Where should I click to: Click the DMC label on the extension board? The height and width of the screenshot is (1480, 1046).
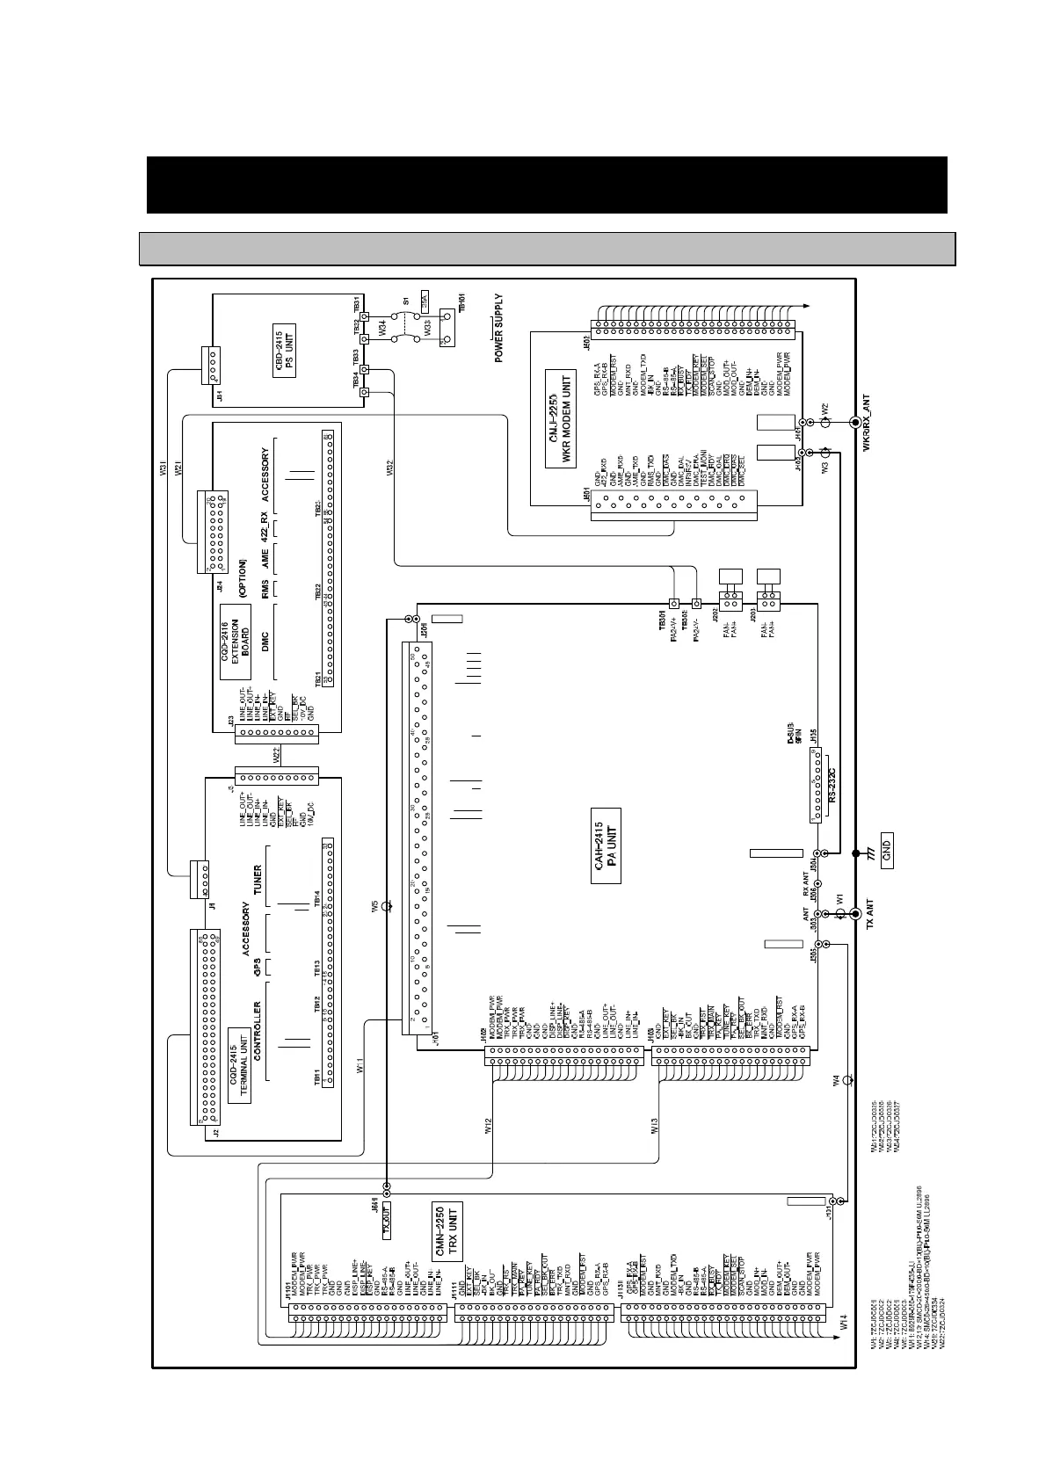coord(265,641)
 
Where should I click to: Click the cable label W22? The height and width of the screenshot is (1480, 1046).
coord(275,754)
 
